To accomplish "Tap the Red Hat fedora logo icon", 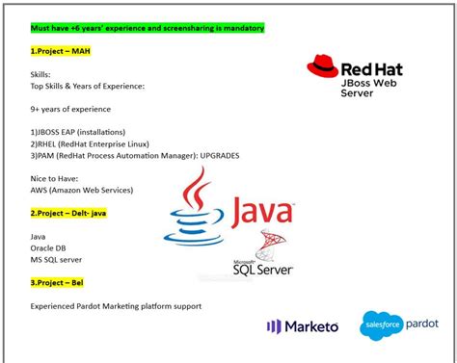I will pyautogui.click(x=322, y=68).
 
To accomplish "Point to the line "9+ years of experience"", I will pyautogui.click(x=70, y=109).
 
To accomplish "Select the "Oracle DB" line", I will pyautogui.click(x=49, y=247).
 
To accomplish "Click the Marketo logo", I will pyautogui.click(x=303, y=326).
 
